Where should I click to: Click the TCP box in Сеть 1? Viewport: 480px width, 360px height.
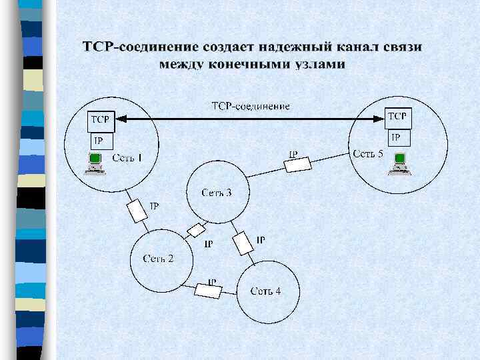click(100, 121)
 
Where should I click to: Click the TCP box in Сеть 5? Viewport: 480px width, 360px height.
click(398, 118)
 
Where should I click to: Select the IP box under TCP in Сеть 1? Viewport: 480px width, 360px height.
click(100, 141)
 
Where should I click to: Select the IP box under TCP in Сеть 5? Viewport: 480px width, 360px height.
click(398, 137)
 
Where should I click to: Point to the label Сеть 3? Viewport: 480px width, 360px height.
click(217, 193)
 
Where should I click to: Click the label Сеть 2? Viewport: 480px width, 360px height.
click(158, 258)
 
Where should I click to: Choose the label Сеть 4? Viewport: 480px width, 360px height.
click(265, 291)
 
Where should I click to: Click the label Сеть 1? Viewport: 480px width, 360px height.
click(127, 157)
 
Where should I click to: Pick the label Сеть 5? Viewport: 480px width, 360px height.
click(368, 154)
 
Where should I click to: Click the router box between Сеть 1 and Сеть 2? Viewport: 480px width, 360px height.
click(137, 211)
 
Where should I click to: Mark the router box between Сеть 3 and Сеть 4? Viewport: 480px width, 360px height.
click(244, 242)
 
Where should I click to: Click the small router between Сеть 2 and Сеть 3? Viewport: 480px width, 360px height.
click(197, 231)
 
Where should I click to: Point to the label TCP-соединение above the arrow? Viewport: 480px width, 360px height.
click(251, 106)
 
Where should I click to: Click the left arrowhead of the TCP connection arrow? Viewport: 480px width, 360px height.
click(119, 119)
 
